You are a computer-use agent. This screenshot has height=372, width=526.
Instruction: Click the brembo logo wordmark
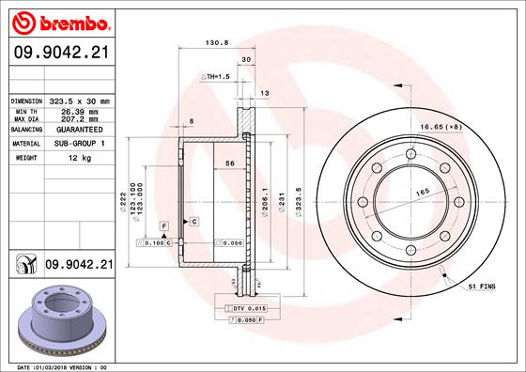click(75, 23)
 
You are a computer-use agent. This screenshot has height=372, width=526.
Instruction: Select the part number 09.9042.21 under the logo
click(62, 53)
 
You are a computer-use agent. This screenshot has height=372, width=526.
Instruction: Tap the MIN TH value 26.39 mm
click(80, 112)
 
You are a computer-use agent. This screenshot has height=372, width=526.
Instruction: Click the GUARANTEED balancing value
click(80, 130)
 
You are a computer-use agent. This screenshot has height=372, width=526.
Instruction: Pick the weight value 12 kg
click(80, 158)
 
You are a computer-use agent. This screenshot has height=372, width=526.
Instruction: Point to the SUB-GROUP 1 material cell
click(80, 144)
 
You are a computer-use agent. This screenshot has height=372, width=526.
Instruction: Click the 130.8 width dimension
click(217, 42)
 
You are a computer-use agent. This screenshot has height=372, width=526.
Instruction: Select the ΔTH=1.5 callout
click(215, 77)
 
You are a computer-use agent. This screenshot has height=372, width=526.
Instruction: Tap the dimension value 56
click(230, 163)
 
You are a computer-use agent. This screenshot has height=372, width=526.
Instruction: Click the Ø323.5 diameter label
click(299, 202)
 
